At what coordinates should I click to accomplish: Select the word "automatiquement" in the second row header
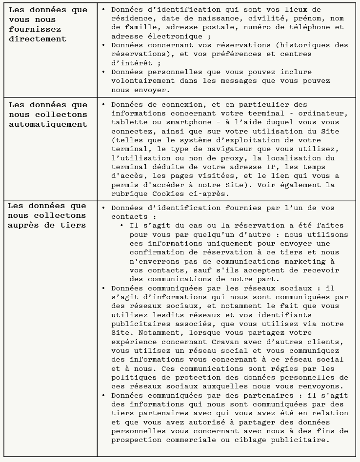[48, 124]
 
